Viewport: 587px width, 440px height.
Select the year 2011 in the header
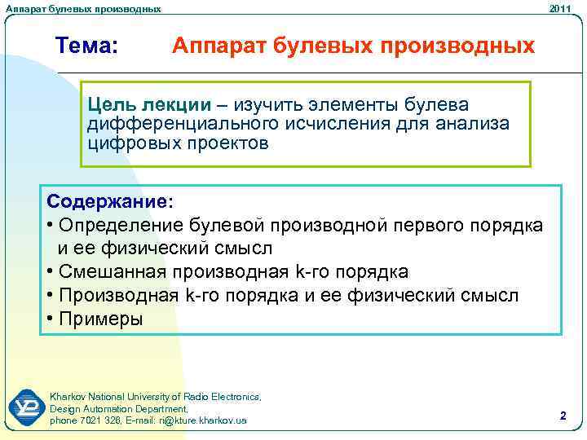560,8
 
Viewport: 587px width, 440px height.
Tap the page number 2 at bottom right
563,416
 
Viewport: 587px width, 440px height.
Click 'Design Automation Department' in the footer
118,408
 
